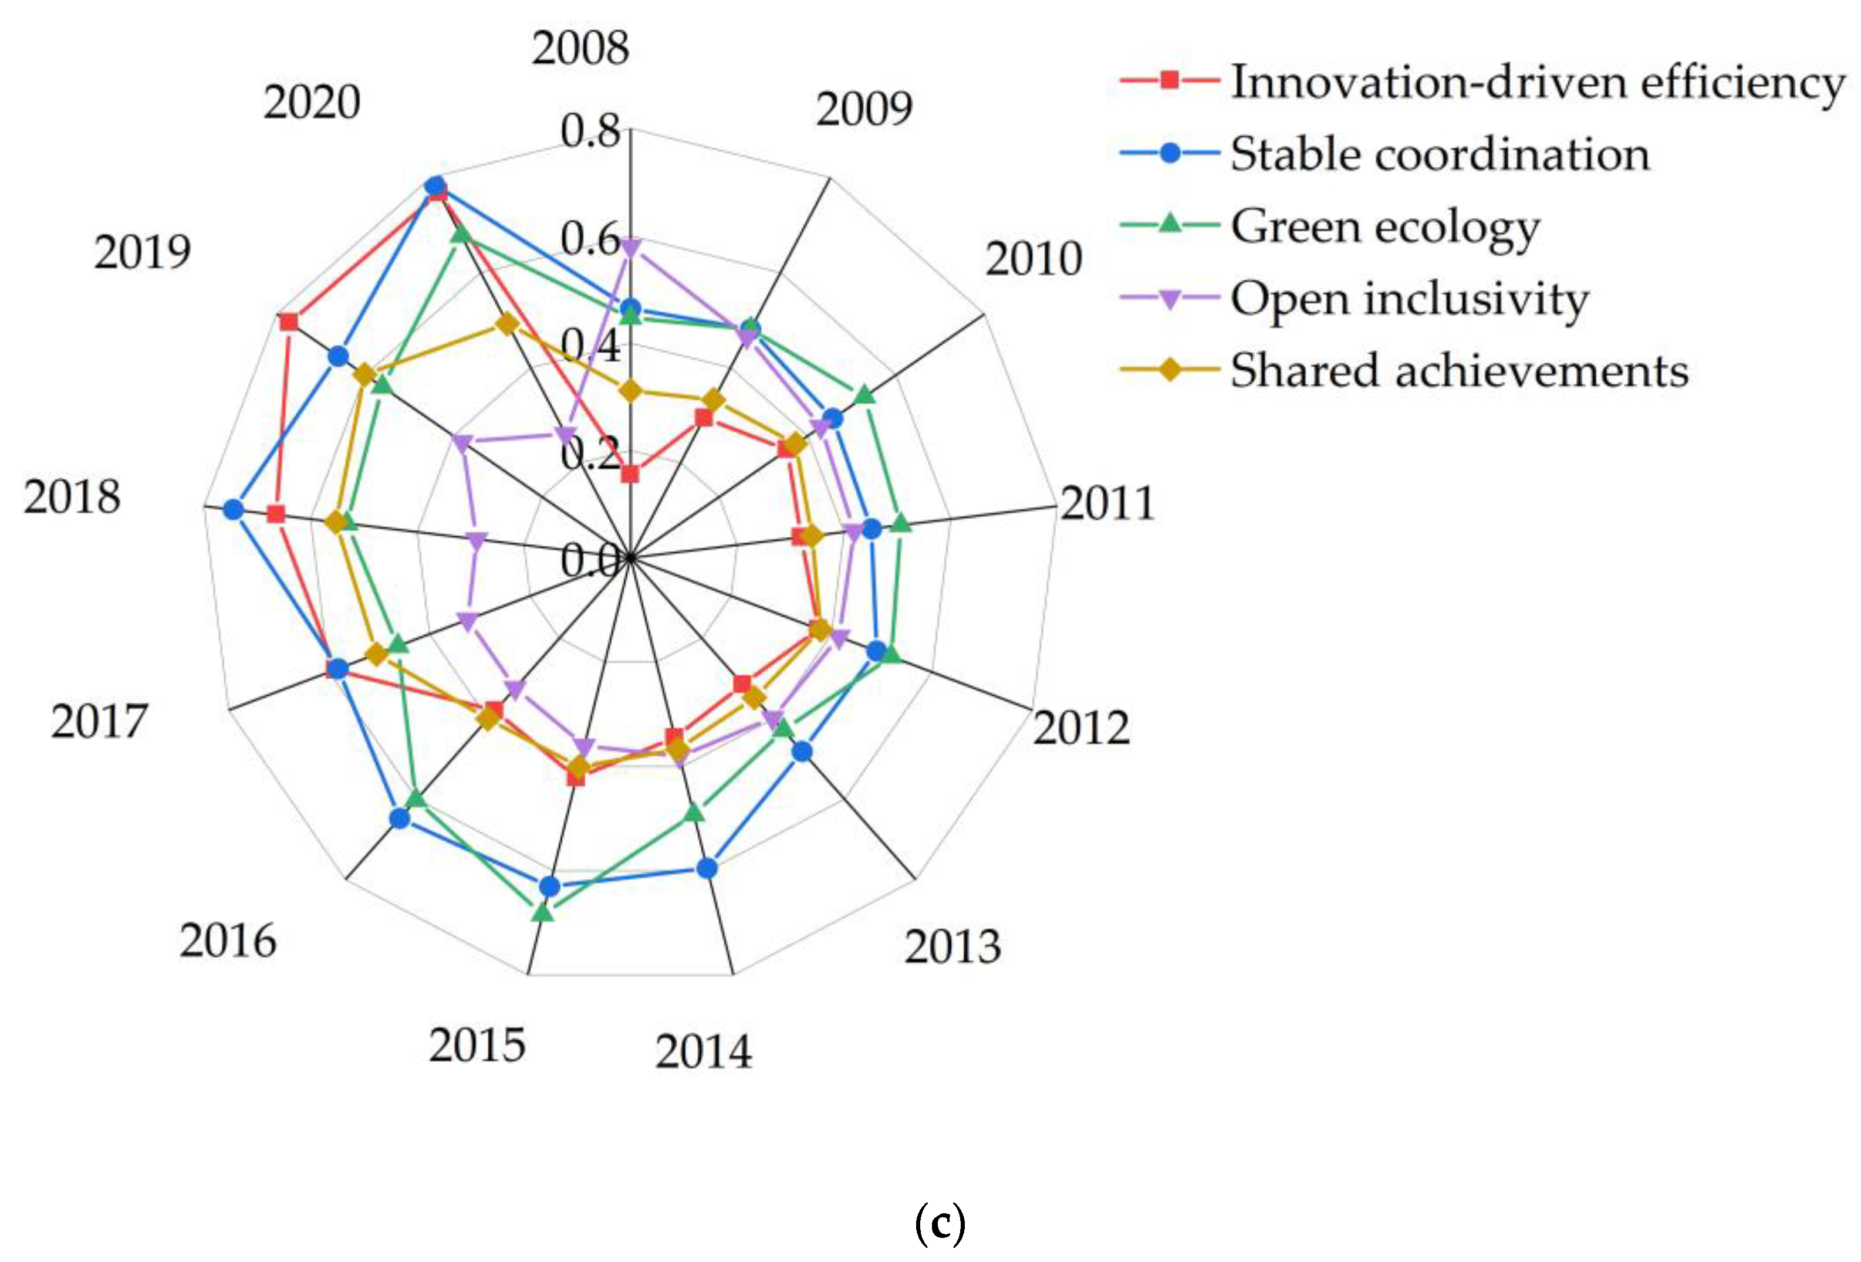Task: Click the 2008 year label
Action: tap(580, 49)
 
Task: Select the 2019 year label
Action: tap(143, 253)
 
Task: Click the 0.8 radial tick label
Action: tap(590, 131)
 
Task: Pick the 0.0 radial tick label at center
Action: tap(590, 560)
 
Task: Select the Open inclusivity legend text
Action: tap(1409, 299)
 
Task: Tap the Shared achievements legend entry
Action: tap(1458, 371)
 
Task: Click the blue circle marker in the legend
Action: tap(1170, 153)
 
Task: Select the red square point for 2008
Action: tap(630, 475)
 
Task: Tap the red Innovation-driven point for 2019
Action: tap(288, 323)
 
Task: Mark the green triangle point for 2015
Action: tap(543, 912)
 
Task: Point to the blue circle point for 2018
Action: tap(233, 510)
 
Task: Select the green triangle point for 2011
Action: tap(901, 524)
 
